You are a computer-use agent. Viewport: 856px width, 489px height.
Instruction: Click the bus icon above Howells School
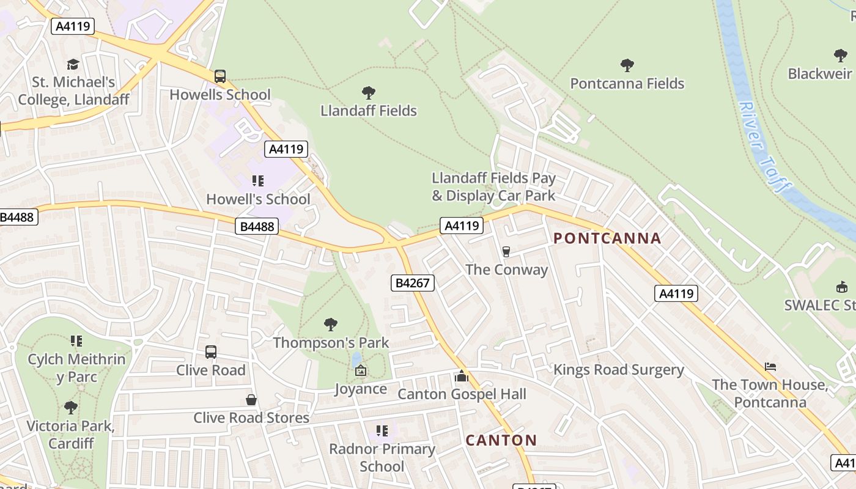click(x=220, y=76)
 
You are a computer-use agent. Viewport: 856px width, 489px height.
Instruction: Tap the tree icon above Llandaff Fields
click(x=368, y=93)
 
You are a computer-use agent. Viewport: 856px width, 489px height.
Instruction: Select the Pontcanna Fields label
click(x=627, y=84)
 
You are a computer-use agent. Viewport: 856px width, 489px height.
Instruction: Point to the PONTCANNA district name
click(x=607, y=238)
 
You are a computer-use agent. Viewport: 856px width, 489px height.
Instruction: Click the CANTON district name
click(x=501, y=440)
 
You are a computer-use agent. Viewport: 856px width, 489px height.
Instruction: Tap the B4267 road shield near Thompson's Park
click(x=413, y=282)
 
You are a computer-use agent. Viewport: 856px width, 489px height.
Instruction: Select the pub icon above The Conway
click(x=506, y=251)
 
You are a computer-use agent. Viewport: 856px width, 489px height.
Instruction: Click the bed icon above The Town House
click(x=770, y=367)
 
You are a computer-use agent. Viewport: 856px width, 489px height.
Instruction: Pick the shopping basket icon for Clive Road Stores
click(x=251, y=400)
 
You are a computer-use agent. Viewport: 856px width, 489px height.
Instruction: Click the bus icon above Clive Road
click(x=211, y=352)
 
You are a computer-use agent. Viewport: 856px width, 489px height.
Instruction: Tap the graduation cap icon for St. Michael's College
click(x=73, y=64)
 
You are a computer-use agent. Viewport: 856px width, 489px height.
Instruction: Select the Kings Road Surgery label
click(x=618, y=370)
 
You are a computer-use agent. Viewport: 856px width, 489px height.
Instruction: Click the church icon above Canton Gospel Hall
click(x=462, y=376)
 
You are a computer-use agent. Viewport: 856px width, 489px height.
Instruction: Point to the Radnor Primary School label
click(x=382, y=457)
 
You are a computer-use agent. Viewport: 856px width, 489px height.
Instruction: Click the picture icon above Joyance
click(x=361, y=370)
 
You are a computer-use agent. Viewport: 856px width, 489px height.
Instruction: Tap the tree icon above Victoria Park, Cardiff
click(x=70, y=407)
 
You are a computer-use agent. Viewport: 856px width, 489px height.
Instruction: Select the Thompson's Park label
click(x=331, y=342)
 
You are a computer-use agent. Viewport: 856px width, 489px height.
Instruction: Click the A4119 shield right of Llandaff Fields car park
click(x=462, y=226)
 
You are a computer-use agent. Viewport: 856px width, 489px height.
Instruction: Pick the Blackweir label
click(x=819, y=74)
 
